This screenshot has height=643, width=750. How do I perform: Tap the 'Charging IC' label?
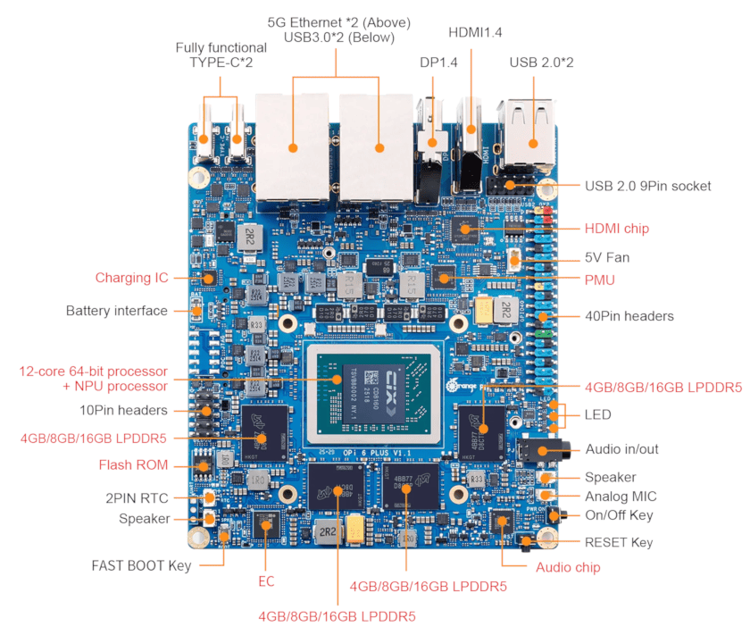click(x=131, y=278)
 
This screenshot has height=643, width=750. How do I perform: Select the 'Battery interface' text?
click(x=116, y=311)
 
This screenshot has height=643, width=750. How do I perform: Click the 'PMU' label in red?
click(x=599, y=280)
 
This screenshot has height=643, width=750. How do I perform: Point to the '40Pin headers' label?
click(x=629, y=316)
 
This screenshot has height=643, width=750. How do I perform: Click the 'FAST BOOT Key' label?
click(x=141, y=565)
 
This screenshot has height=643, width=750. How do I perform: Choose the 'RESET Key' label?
click(x=618, y=542)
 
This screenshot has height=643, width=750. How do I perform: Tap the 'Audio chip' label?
click(x=567, y=567)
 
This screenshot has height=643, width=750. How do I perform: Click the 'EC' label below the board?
click(x=266, y=581)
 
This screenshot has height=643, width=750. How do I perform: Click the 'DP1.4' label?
click(x=438, y=62)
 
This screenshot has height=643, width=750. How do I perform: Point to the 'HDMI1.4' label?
click(x=474, y=32)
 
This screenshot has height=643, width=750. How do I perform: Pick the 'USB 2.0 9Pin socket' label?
click(x=647, y=186)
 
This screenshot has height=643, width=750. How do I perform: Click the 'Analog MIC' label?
click(x=619, y=497)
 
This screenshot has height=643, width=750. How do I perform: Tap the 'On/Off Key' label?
click(x=619, y=515)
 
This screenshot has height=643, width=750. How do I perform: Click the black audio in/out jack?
click(x=539, y=447)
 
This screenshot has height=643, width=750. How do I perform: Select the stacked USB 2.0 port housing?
click(x=527, y=134)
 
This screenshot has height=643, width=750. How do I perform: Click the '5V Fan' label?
click(x=606, y=257)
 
